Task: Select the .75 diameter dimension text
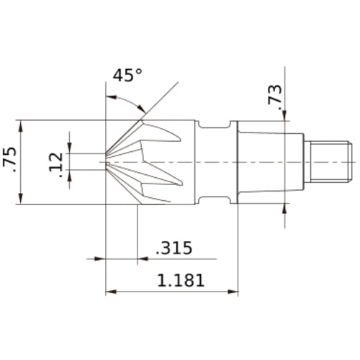coord(11,161)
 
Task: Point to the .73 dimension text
coord(275,97)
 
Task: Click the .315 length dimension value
coord(174,249)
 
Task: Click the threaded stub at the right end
coord(327,160)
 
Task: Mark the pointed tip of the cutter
coord(107,160)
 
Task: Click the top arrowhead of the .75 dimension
coord(22,123)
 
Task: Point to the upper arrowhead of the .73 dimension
coord(287,115)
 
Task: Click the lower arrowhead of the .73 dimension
coord(287,206)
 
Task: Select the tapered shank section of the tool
coord(266,160)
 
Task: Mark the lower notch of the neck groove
coord(214,197)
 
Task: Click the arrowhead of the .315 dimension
coord(102,258)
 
